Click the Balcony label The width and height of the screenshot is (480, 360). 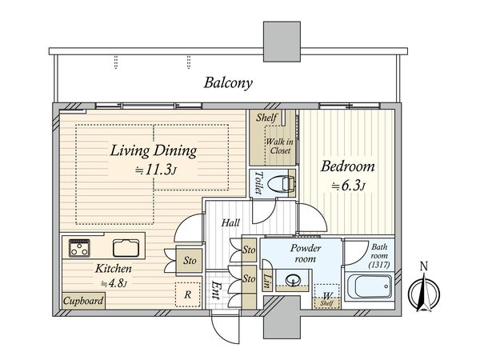click(x=228, y=83)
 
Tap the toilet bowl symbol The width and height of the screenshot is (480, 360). click(x=281, y=184)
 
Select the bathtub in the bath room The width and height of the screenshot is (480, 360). click(x=369, y=286)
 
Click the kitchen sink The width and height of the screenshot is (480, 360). click(x=126, y=248)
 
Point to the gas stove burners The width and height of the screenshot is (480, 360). click(x=79, y=248)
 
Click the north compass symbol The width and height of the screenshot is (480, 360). click(x=424, y=292)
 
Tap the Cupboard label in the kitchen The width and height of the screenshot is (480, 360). click(x=83, y=301)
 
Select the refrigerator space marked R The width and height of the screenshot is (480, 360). click(x=188, y=294)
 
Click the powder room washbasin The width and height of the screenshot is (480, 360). click(x=292, y=280)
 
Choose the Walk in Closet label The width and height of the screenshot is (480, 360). click(x=280, y=146)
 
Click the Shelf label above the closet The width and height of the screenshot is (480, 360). click(x=266, y=118)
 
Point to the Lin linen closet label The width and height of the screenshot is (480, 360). click(x=266, y=281)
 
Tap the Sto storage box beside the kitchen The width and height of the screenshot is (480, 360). click(x=190, y=261)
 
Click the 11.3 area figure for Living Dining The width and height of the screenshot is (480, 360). click(x=160, y=170)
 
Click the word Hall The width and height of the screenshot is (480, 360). click(x=231, y=222)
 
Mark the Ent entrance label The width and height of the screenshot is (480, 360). click(x=216, y=290)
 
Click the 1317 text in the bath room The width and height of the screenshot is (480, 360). click(x=379, y=265)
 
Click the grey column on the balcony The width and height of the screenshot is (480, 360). click(x=282, y=42)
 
